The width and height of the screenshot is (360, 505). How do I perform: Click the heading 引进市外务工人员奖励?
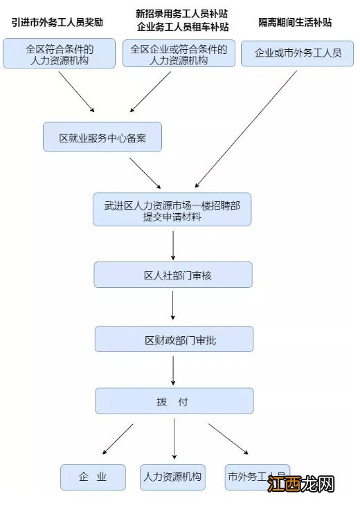[x=59, y=22]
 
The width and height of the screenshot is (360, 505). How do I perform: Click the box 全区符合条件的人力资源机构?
[x=59, y=54]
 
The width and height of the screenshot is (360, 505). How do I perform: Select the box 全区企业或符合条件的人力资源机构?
[x=178, y=54]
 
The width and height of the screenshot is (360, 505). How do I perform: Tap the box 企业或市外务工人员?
[x=297, y=53]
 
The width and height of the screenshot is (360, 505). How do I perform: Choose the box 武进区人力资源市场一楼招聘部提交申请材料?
[x=172, y=210]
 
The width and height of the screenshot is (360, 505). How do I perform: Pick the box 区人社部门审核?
[x=172, y=275]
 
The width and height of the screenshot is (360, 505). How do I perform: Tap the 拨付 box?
[x=173, y=401]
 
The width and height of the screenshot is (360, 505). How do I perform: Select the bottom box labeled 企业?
[x=93, y=477]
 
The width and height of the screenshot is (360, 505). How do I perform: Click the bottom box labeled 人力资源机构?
[x=172, y=477]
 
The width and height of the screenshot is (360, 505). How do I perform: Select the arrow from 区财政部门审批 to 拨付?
[x=172, y=370]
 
